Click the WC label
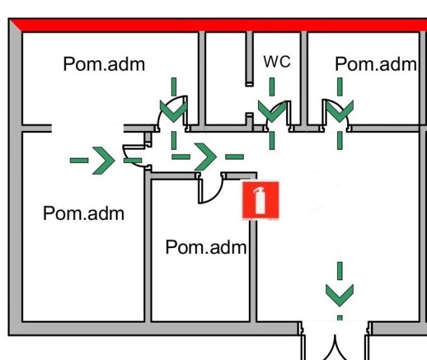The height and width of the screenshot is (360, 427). tap(276, 62)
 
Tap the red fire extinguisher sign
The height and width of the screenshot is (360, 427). tap(261, 200)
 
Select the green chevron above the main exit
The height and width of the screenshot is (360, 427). tap(339, 295)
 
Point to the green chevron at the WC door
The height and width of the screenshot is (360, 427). tap(272, 110)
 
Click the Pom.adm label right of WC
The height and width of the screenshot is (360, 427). tap(375, 64)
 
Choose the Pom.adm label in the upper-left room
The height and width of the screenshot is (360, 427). tap(104, 64)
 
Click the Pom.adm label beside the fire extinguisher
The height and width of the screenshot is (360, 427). tap(206, 247)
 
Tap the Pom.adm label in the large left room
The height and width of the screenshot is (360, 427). tap(83, 213)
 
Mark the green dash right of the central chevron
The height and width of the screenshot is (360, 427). tap(234, 157)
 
